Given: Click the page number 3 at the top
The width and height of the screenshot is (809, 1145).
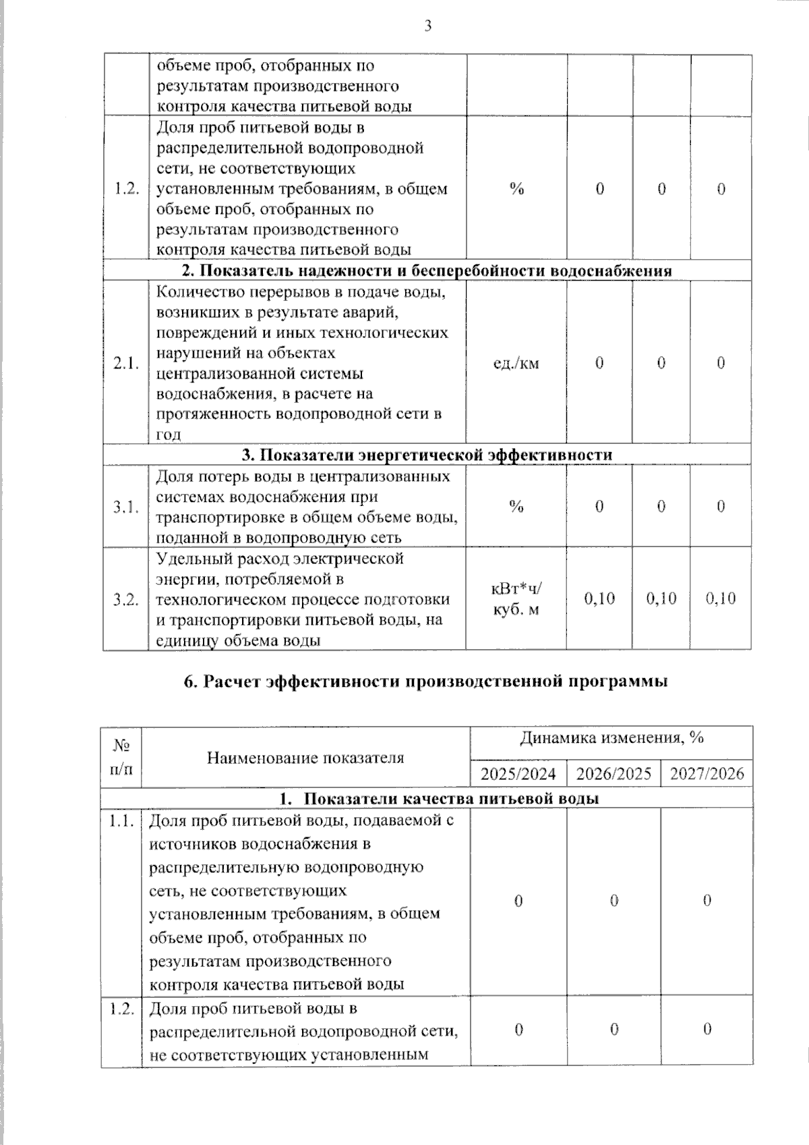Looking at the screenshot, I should (427, 26).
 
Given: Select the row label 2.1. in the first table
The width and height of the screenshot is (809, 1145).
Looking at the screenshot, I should (126, 364).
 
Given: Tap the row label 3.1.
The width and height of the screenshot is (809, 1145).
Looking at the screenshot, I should (126, 507).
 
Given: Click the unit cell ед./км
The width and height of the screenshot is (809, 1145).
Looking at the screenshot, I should (516, 364).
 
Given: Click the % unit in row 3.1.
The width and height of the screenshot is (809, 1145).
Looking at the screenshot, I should (516, 507).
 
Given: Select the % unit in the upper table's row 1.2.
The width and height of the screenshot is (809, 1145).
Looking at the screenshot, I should (516, 189).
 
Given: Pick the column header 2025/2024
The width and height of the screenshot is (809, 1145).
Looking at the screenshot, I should (518, 773).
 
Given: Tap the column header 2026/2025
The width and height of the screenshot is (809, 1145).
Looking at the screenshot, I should (613, 773).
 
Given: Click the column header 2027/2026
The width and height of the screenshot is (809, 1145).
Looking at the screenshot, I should (707, 773).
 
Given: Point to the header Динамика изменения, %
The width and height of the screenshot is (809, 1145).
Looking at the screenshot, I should (611, 738).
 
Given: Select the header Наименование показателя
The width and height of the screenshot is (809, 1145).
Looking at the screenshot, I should (305, 758).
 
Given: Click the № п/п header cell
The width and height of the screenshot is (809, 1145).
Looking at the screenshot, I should (121, 758).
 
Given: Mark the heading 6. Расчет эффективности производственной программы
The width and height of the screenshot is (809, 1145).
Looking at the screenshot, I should (426, 681).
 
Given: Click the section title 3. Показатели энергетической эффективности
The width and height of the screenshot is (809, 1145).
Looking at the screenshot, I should (427, 455).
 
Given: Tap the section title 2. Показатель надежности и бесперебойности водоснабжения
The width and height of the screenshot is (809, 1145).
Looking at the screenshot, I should (427, 271).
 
